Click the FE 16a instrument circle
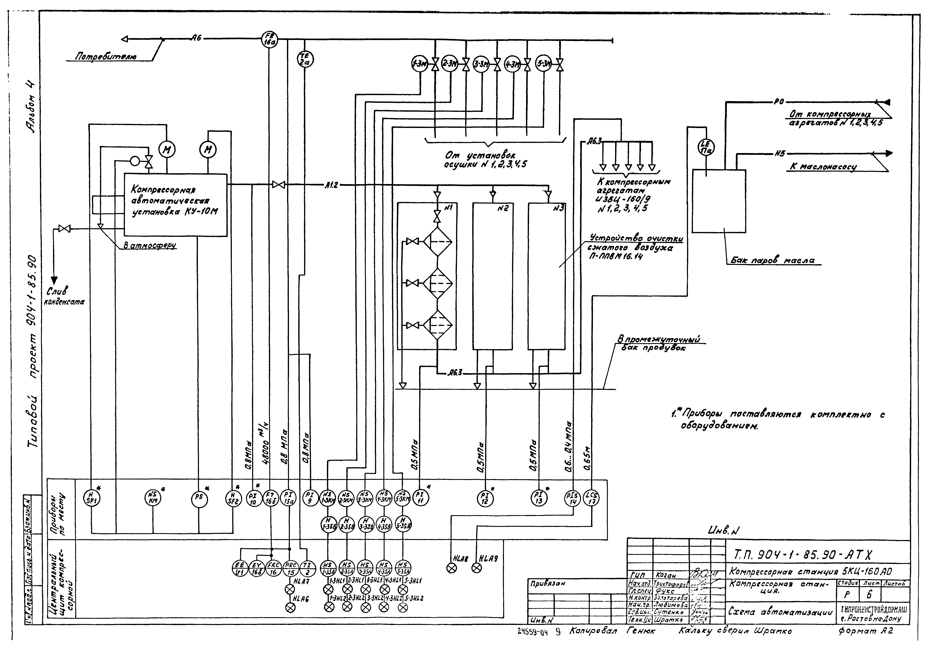click(x=268, y=39)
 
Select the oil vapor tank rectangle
click(x=719, y=201)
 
